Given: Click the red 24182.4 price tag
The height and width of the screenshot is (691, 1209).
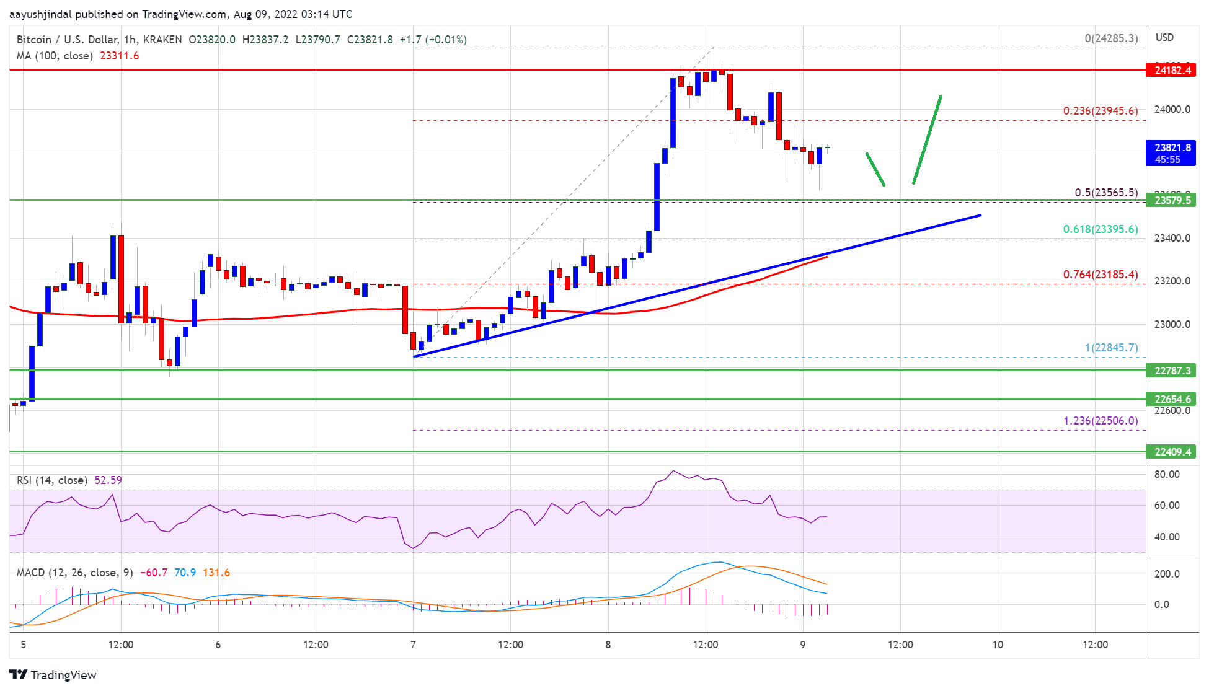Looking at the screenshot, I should tap(1172, 70).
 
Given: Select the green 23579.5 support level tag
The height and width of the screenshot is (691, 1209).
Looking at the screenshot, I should tap(1172, 200).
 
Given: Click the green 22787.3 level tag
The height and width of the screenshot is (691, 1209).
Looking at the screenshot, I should tap(1172, 371).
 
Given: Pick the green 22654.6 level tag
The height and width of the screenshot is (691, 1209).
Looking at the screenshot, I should tap(1172, 399).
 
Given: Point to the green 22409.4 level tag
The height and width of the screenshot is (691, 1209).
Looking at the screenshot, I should tap(1172, 452).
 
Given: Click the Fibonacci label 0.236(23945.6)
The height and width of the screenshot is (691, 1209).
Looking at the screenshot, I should tap(1100, 111).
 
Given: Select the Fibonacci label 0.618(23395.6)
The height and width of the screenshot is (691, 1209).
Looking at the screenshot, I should tap(1100, 229).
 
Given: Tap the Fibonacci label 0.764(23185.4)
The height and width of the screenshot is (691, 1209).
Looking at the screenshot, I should tap(1100, 275).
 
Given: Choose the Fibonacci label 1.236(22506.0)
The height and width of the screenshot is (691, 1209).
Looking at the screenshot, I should tap(1100, 421).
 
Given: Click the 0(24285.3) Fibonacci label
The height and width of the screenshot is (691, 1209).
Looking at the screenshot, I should tap(1110, 38).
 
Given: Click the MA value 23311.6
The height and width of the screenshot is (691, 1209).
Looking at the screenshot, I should tap(119, 56).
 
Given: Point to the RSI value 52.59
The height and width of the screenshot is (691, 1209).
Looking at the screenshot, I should tap(108, 480).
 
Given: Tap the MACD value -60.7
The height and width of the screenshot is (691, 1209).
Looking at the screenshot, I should tap(154, 573).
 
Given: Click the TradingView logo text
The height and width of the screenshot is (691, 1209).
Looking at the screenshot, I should tap(63, 675).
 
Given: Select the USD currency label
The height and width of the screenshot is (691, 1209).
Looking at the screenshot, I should tap(1164, 37).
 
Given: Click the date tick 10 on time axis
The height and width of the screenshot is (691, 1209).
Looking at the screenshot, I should tap(998, 645).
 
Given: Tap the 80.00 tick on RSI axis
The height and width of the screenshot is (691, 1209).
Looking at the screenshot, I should tap(1166, 474).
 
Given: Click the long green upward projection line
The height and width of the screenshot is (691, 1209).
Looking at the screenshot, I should tap(927, 140).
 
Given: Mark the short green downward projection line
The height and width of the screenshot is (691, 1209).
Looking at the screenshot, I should tap(875, 169).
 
